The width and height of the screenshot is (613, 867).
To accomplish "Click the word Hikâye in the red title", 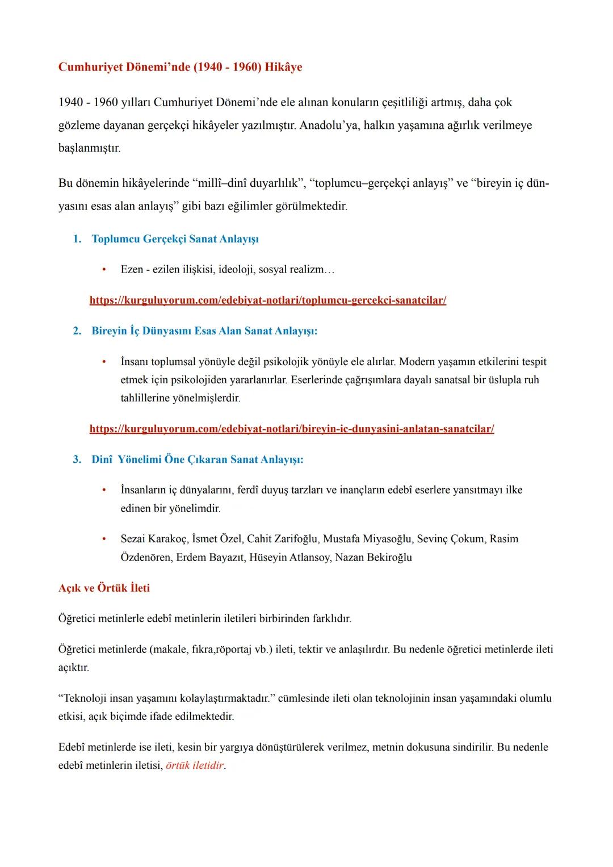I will coord(283,67).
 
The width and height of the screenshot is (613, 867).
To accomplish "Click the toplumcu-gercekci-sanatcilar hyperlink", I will coord(268,300).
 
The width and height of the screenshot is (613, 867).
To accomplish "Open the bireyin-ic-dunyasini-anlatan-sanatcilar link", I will coord(292,429).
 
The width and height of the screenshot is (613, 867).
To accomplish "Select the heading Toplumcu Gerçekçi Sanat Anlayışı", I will coord(175,239).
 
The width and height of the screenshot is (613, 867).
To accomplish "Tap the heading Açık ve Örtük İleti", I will coord(104,588).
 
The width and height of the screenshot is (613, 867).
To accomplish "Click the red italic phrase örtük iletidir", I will coord(195,765).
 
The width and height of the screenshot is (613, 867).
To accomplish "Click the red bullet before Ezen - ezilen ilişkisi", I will coord(104,269).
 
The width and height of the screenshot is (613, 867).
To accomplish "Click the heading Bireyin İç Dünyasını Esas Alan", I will coord(204,331).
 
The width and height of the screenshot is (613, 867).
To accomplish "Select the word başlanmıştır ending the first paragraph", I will coord(89,148).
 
